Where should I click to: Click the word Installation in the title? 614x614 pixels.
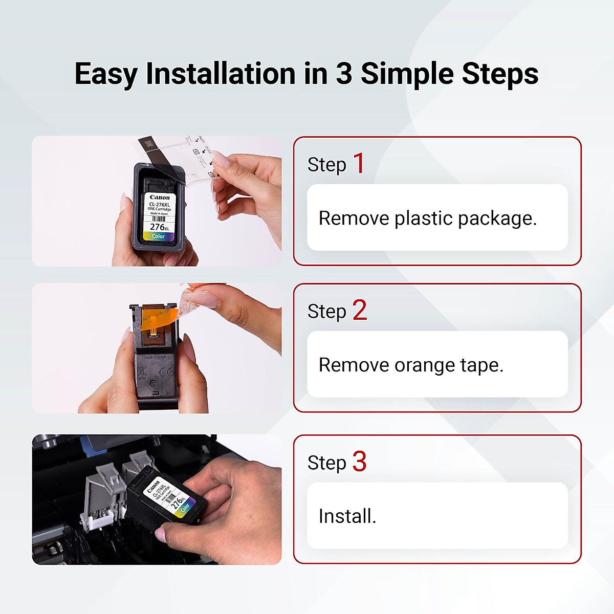pos(221,74)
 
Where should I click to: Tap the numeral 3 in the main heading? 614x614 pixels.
pos(344,74)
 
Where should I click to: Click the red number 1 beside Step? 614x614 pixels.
pos(359,164)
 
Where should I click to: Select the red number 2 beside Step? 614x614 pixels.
pos(360,311)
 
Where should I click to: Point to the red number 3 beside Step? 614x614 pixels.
pos(359,462)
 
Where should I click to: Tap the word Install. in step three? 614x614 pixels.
pos(347,516)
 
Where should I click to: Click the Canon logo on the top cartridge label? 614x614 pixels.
pos(160,198)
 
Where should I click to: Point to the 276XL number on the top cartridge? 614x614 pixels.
pos(159,227)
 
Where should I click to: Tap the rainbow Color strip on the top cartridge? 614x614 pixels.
pos(159,236)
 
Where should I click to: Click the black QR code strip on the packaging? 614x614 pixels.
pos(148,145)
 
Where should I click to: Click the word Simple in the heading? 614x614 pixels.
pos(408,74)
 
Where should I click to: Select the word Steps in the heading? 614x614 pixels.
pos(500,74)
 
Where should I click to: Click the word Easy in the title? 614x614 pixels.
pos(106,74)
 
